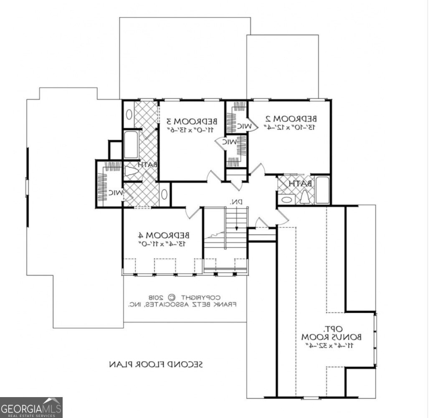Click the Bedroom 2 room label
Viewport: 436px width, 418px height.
coord(291,118)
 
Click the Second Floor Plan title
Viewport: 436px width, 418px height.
coord(156,364)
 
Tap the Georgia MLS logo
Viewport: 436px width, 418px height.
coord(31,407)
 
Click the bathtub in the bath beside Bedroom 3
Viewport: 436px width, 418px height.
coord(131,145)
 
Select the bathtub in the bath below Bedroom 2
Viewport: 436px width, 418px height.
coord(322,190)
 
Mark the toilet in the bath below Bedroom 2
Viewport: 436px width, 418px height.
coord(304,197)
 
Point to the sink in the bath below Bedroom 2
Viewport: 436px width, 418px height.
coord(286,199)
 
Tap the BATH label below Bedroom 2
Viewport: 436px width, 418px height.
coord(300,183)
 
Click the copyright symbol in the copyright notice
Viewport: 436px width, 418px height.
coord(172,297)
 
